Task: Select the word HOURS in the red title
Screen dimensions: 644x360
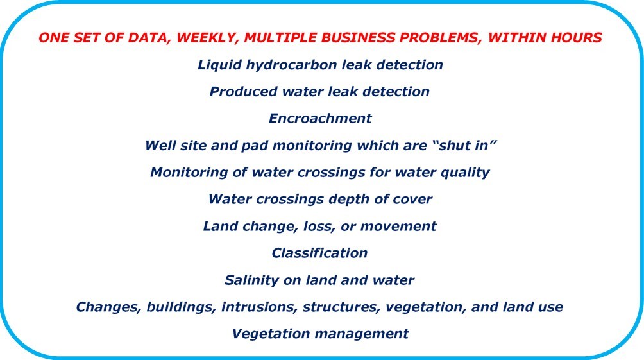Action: point(576,38)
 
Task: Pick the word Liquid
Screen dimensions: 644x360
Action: point(219,65)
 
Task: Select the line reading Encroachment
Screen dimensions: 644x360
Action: point(320,118)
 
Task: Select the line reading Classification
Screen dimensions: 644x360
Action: point(319,253)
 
